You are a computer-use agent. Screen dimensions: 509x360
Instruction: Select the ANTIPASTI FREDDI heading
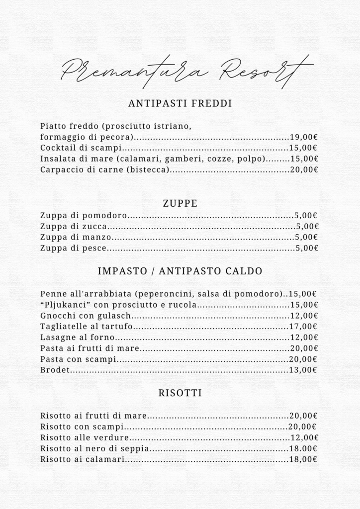(180, 104)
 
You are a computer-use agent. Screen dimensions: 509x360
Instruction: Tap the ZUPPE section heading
(180, 203)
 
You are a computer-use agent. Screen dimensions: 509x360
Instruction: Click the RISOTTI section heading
(180, 393)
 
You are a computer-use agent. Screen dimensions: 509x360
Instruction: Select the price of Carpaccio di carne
(304, 170)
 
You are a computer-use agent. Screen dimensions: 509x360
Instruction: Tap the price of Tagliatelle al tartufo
(304, 327)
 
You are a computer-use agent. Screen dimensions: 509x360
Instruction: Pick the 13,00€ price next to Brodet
(303, 370)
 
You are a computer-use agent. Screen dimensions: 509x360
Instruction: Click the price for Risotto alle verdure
(304, 438)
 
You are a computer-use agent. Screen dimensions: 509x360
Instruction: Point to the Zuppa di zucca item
(73, 226)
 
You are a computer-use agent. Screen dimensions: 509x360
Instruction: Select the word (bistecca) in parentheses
(148, 170)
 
